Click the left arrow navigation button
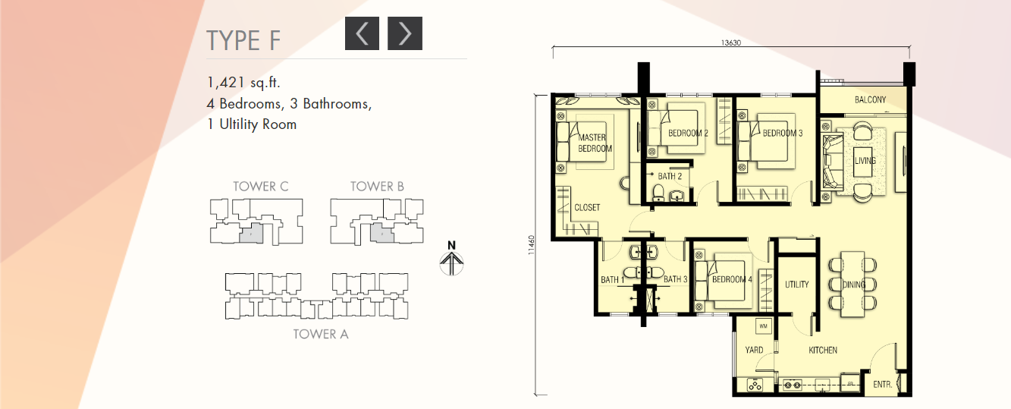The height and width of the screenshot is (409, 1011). pos(362,33)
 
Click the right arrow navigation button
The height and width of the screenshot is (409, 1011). pos(405,33)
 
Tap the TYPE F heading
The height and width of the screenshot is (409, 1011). pos(243,41)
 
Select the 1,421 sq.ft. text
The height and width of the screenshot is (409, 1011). pos(243,83)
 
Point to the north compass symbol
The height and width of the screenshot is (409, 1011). pos(451,259)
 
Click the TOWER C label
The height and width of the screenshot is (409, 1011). pos(260,187)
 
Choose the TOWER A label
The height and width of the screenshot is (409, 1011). pos(321,334)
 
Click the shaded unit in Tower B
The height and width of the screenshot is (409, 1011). pos(382,234)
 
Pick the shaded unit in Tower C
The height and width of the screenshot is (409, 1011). pos(251,234)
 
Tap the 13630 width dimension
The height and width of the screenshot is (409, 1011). pos(730,43)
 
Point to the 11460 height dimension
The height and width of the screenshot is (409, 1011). pos(531,244)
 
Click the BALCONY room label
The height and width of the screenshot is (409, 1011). pos(870,99)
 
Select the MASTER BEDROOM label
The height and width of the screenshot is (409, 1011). pos(595,143)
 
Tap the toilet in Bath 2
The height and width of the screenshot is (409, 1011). pos(658,193)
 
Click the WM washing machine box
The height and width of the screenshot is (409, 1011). pos(763,326)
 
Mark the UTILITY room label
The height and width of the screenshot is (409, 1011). pos(796,285)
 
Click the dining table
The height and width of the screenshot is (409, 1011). pos(852,284)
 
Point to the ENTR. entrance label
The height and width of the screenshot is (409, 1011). pos(883,384)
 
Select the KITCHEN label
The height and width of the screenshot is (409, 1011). pos(823,350)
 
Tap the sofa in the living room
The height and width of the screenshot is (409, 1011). pos(832,162)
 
